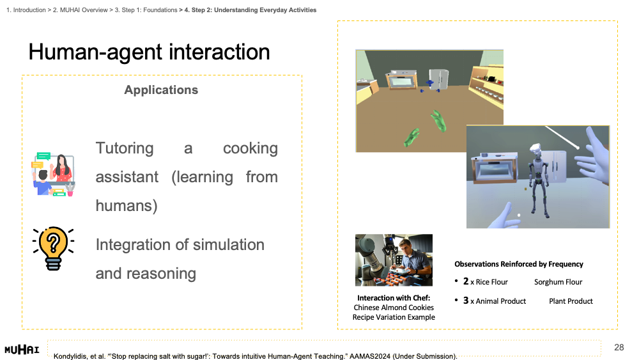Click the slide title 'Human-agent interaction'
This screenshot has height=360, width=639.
coord(149,52)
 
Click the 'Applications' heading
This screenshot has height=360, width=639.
coord(161,90)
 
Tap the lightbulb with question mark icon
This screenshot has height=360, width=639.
coord(54,248)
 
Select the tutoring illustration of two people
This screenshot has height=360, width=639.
coord(54,175)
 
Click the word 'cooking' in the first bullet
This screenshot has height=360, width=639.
coord(250,148)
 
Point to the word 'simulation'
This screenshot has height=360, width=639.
coord(229,245)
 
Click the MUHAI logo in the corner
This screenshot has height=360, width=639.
coord(22,349)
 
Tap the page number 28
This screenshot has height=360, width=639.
coord(619,347)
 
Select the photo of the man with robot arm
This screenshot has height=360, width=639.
coord(394,260)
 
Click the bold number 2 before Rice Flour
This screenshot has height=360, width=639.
coord(466,281)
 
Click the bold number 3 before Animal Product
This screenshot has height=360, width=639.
coord(466,301)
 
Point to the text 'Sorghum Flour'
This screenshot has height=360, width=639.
coord(558,282)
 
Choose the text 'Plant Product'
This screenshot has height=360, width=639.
coord(571,301)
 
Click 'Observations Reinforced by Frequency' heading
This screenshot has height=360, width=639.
coord(519,264)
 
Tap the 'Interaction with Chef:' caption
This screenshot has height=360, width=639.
coord(394,298)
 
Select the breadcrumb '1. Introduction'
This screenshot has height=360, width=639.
coord(26,10)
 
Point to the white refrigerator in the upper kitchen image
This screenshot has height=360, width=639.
coord(439,79)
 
